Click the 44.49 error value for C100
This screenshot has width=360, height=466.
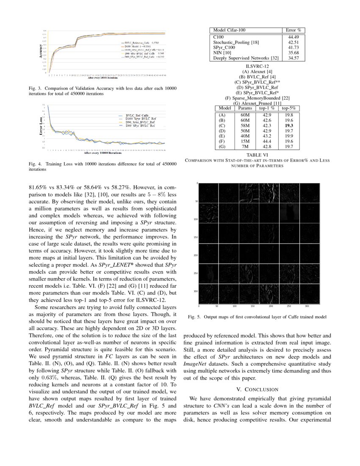(294, 37)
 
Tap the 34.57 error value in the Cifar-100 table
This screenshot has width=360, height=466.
(294, 58)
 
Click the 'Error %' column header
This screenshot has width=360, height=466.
(294, 31)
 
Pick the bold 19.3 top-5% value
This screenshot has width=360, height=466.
(290, 125)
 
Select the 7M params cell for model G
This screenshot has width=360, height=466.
(245, 146)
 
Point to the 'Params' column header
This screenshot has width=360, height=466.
(245, 108)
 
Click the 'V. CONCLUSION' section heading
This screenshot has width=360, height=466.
(257, 389)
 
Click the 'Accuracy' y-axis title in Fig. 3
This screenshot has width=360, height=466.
(41, 51)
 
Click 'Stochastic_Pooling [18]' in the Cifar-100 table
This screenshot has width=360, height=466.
(236, 42)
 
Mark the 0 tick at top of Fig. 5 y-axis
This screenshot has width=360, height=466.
(197, 183)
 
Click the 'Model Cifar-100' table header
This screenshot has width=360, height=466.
(229, 31)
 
